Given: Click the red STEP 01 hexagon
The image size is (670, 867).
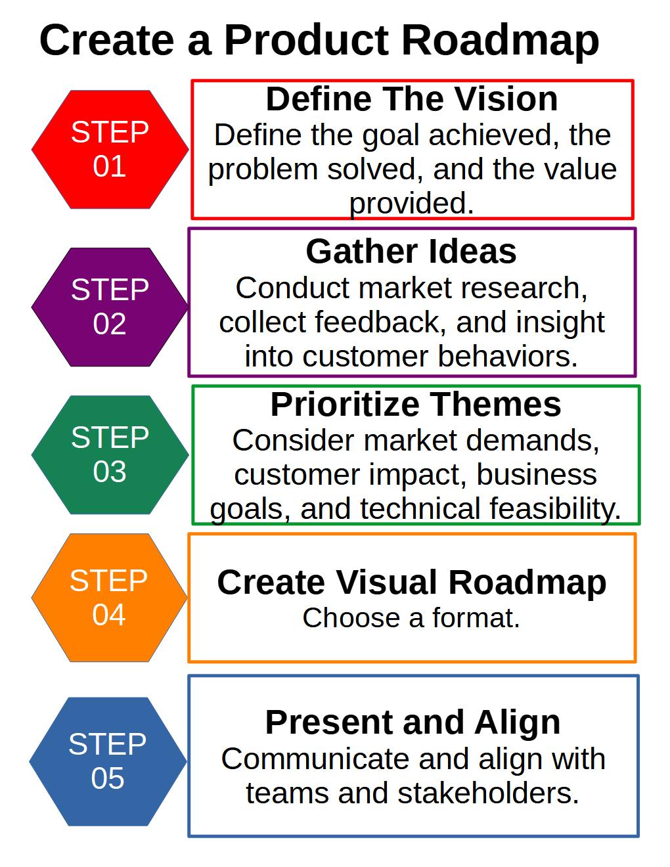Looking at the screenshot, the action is coord(110,149).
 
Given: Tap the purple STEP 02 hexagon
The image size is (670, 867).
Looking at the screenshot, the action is coord(110,307).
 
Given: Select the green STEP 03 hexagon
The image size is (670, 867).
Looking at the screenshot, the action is coord(110,455).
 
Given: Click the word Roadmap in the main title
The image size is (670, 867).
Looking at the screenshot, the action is coord(500,41).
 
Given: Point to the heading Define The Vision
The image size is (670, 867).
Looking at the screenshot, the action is coord(411,99).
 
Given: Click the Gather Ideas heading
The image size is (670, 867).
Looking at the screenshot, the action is coord(411,252).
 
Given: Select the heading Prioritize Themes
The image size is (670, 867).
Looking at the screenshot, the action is coord(416,405).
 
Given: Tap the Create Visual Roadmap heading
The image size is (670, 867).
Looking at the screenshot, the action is coord(411,583).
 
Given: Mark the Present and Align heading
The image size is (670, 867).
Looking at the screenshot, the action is coord(413,722).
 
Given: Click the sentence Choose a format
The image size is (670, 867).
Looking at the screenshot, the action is coord(411,619).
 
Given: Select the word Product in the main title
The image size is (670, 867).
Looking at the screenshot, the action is coord(307,41).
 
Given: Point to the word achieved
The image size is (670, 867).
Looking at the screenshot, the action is coord(487,135).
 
